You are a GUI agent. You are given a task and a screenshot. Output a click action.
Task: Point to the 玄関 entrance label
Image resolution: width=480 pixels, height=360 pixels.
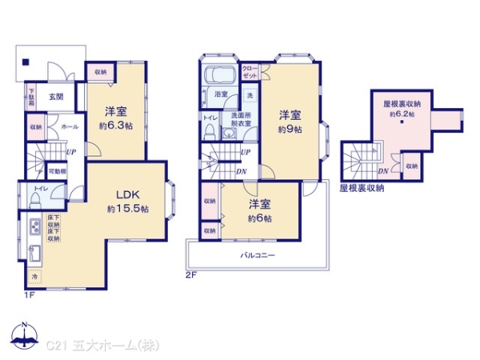click(x=56, y=97)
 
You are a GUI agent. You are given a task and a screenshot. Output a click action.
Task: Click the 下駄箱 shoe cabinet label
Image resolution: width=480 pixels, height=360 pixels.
click(x=31, y=97)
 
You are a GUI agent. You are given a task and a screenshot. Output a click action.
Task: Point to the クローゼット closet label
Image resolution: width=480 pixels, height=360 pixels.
click(x=249, y=70)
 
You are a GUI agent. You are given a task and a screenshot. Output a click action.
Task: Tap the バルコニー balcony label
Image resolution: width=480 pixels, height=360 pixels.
click(x=258, y=257)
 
